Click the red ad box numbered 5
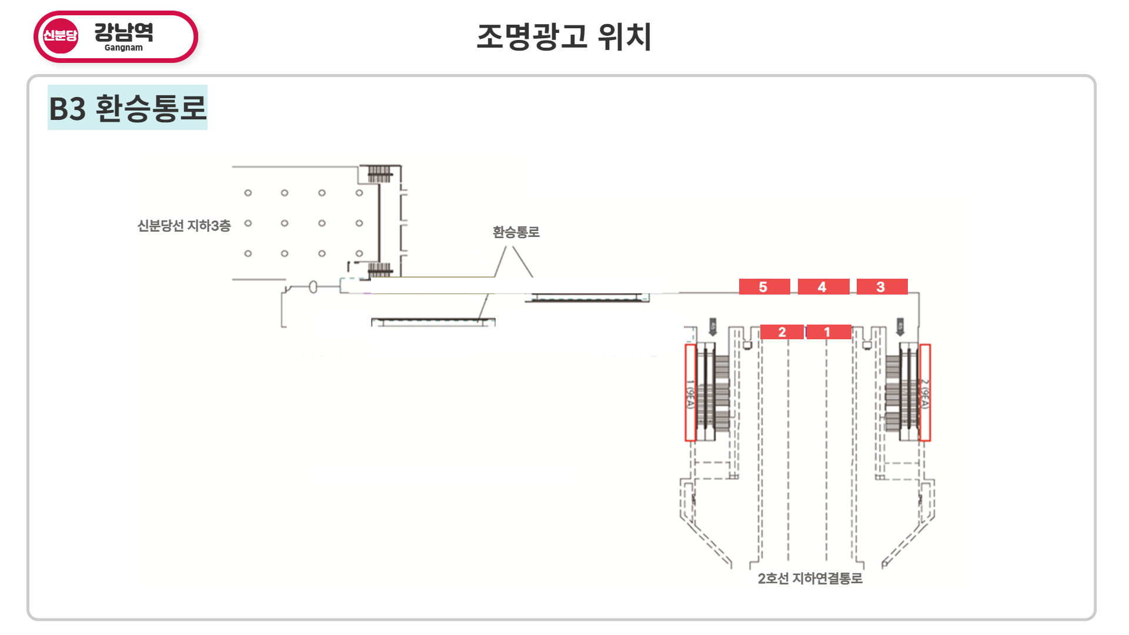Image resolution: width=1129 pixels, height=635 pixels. coord(764,287)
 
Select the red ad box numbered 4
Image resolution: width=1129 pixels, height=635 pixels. coord(823,287)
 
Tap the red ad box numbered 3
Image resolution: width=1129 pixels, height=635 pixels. coord(881,287)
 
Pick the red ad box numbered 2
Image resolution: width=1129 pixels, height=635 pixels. coord(781,332)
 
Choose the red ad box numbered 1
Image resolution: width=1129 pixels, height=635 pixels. coord(828,332)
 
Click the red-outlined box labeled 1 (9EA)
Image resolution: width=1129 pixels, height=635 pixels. coord(690,393)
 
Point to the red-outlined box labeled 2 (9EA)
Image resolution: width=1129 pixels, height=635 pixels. coord(925,393)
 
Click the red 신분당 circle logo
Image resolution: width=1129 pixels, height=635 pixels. coord(60,36)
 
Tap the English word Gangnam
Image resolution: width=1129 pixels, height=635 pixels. coord(123,48)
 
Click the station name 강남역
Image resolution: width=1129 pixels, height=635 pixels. coord(124,32)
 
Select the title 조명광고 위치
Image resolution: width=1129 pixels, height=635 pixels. coord(564,36)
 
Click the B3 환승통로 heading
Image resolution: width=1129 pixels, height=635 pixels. coord(128,108)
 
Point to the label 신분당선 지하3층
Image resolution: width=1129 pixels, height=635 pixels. coord(184,226)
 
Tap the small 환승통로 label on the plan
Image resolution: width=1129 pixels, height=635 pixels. coord(516,232)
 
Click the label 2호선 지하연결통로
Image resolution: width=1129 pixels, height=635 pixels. coord(810,579)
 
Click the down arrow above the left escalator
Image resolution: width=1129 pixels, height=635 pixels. coord(713,327)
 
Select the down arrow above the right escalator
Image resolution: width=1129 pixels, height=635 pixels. coord(900,327)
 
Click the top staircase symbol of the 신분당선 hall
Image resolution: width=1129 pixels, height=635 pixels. coord(379,174)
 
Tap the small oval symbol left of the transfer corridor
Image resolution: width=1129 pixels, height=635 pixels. coord(313,287)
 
